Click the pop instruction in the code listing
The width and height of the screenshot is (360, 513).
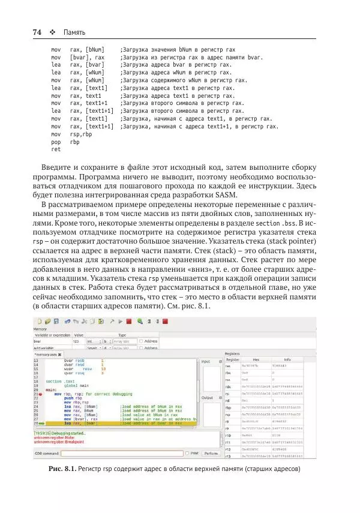tap(56, 142)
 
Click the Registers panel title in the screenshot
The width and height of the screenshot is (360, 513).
tap(232, 353)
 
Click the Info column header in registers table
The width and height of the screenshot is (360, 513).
tap(287, 359)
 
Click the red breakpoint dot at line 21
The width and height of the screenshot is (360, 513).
tap(41, 393)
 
